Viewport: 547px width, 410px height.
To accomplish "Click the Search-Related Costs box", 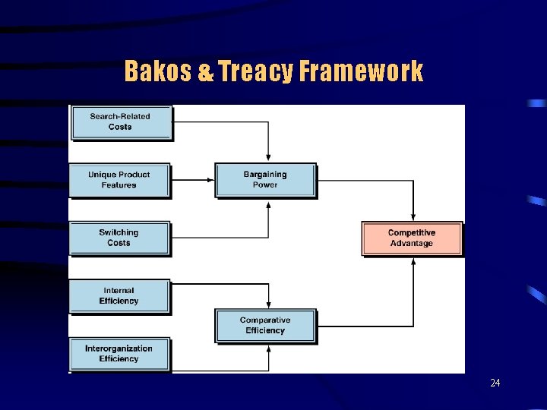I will click(x=121, y=122).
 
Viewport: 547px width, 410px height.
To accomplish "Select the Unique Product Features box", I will click(x=119, y=180).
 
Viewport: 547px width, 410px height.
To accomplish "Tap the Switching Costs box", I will click(x=119, y=238).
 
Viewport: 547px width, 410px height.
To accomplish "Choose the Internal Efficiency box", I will click(x=119, y=295).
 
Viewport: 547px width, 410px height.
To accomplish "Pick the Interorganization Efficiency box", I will click(x=119, y=354).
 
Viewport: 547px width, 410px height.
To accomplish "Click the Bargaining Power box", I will click(x=265, y=180).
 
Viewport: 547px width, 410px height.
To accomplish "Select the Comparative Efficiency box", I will click(x=265, y=325).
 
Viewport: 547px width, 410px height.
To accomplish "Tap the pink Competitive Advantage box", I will click(x=411, y=238).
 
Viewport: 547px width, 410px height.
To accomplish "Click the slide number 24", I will click(x=495, y=383).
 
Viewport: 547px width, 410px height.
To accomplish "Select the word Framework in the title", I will click(x=361, y=71).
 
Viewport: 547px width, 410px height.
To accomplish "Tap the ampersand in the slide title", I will click(x=206, y=72).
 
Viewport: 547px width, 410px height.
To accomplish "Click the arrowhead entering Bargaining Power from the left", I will click(x=211, y=180).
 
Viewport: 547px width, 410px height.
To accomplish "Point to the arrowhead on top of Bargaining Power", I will click(x=268, y=159).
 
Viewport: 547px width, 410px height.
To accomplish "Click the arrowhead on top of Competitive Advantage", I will click(x=413, y=218).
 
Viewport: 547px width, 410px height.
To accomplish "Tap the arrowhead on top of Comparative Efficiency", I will click(x=268, y=304).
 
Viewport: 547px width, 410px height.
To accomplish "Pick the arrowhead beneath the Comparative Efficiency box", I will click(x=268, y=348).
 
